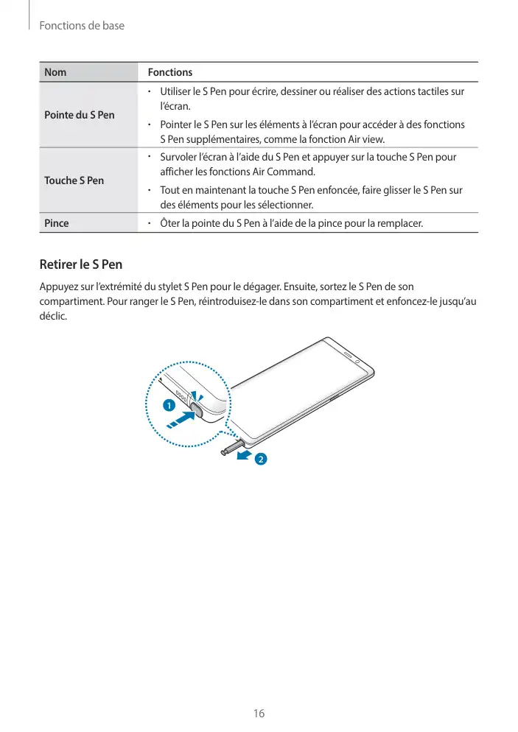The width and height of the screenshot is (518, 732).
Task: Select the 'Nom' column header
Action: coord(55,72)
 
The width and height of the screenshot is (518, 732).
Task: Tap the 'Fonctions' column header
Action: coord(169,72)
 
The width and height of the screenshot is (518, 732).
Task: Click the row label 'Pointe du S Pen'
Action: coord(80,115)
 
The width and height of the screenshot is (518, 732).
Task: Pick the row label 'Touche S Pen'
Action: coord(74,180)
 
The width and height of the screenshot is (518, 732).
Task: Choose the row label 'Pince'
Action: coord(57,222)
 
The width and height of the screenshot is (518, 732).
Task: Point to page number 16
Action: coord(259,714)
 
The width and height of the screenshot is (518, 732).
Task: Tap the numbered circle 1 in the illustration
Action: coord(168,406)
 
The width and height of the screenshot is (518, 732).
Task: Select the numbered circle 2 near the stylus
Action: coord(259,460)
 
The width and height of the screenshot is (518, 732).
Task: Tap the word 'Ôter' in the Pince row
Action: coord(170,222)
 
